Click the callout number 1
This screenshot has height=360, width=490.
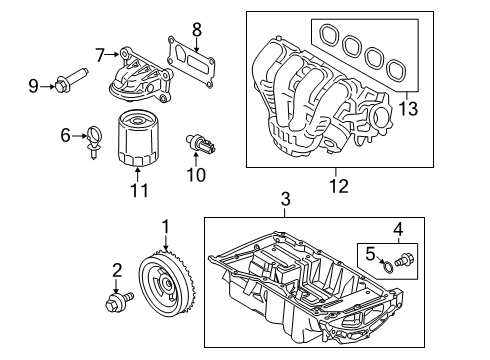coord(166,227)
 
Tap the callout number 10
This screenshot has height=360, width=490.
coord(196,175)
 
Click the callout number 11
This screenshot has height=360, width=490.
coord(139,189)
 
